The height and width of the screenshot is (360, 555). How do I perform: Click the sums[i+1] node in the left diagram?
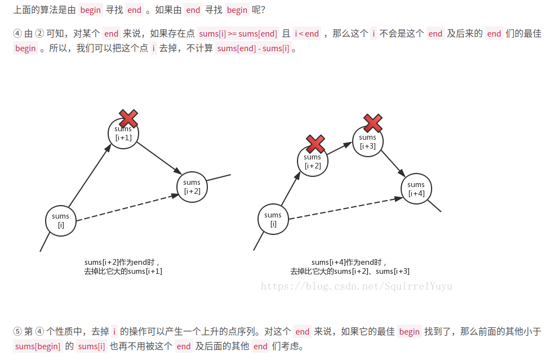[x=123, y=134]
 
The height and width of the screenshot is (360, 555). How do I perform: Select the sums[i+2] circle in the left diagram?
[x=192, y=186]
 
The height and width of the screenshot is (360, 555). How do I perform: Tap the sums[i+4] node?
[x=416, y=189]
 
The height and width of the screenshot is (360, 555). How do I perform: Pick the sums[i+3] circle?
[x=367, y=141]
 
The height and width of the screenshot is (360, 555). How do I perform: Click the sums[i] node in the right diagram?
[x=273, y=219]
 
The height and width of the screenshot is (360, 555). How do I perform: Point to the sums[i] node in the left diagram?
[x=60, y=220]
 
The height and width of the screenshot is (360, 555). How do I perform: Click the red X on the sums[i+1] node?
[x=128, y=119]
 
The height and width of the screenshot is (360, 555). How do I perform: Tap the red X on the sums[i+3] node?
[x=372, y=123]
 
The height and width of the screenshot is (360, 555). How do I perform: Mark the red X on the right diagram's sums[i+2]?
[x=315, y=144]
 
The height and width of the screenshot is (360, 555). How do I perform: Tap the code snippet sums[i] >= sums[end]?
[x=238, y=34]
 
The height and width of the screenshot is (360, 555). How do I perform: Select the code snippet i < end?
[x=307, y=34]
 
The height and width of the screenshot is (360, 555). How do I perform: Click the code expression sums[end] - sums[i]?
[x=253, y=48]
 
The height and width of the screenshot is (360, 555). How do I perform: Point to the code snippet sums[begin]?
[x=38, y=346]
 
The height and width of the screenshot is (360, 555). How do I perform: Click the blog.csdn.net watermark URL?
[x=357, y=286]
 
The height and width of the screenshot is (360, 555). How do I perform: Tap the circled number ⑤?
[x=17, y=331]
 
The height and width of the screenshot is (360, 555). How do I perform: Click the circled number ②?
[x=39, y=34]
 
